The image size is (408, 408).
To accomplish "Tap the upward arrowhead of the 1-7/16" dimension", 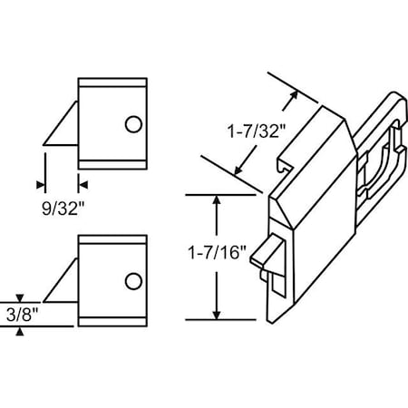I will click(216, 200).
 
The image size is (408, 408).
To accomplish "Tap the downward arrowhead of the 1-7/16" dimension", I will click(216, 313).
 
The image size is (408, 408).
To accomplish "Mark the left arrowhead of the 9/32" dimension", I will click(41, 185).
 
